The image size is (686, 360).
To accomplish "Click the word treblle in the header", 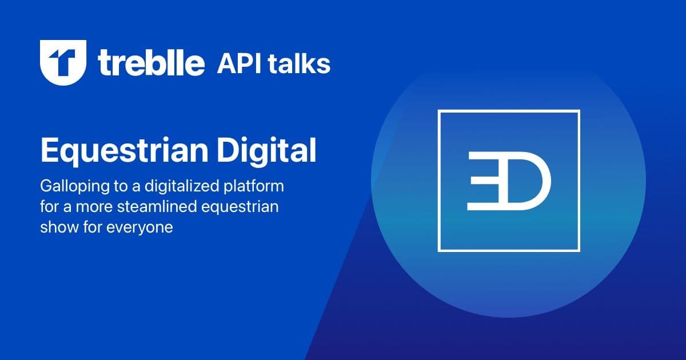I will [x=151, y=63].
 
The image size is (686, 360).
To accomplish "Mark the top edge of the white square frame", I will [x=509, y=111].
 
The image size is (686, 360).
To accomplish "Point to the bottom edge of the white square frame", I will [x=509, y=250].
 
